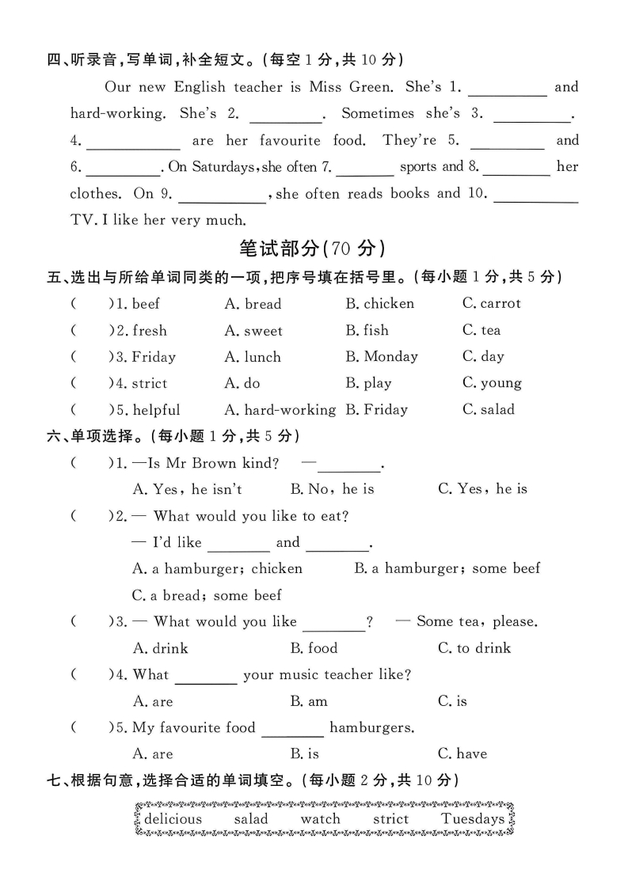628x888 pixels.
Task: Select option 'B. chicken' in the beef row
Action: pyautogui.click(x=379, y=304)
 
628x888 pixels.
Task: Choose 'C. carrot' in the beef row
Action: pyautogui.click(x=492, y=304)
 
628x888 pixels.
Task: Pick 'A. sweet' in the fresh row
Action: pyautogui.click(x=253, y=331)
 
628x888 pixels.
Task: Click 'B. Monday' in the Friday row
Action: pyautogui.click(x=381, y=357)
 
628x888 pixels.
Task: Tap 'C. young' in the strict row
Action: pyautogui.click(x=492, y=384)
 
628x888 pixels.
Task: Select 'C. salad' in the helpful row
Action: pyautogui.click(x=488, y=410)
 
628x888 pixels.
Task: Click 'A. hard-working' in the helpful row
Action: pyautogui.click(x=280, y=410)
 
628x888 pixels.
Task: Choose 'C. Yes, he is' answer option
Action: pyautogui.click(x=482, y=489)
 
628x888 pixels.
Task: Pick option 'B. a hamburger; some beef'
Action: pyautogui.click(x=447, y=568)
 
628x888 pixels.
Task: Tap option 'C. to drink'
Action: pyautogui.click(x=474, y=648)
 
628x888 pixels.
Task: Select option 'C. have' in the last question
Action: pyautogui.click(x=462, y=754)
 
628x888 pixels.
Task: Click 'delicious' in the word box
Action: pyautogui.click(x=173, y=819)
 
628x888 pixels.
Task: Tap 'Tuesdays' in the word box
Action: pyautogui.click(x=473, y=819)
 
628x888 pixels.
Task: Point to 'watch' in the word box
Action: pyautogui.click(x=320, y=819)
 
